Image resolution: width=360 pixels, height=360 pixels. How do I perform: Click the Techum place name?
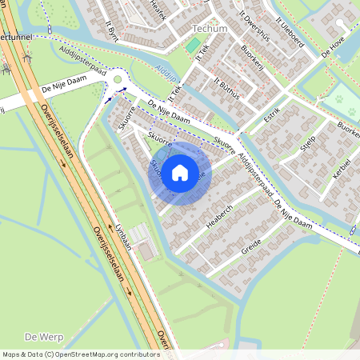pos(210,28)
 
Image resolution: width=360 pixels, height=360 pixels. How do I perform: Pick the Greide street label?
pos(252,247)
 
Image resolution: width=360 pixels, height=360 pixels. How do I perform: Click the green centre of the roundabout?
pos(119,79)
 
